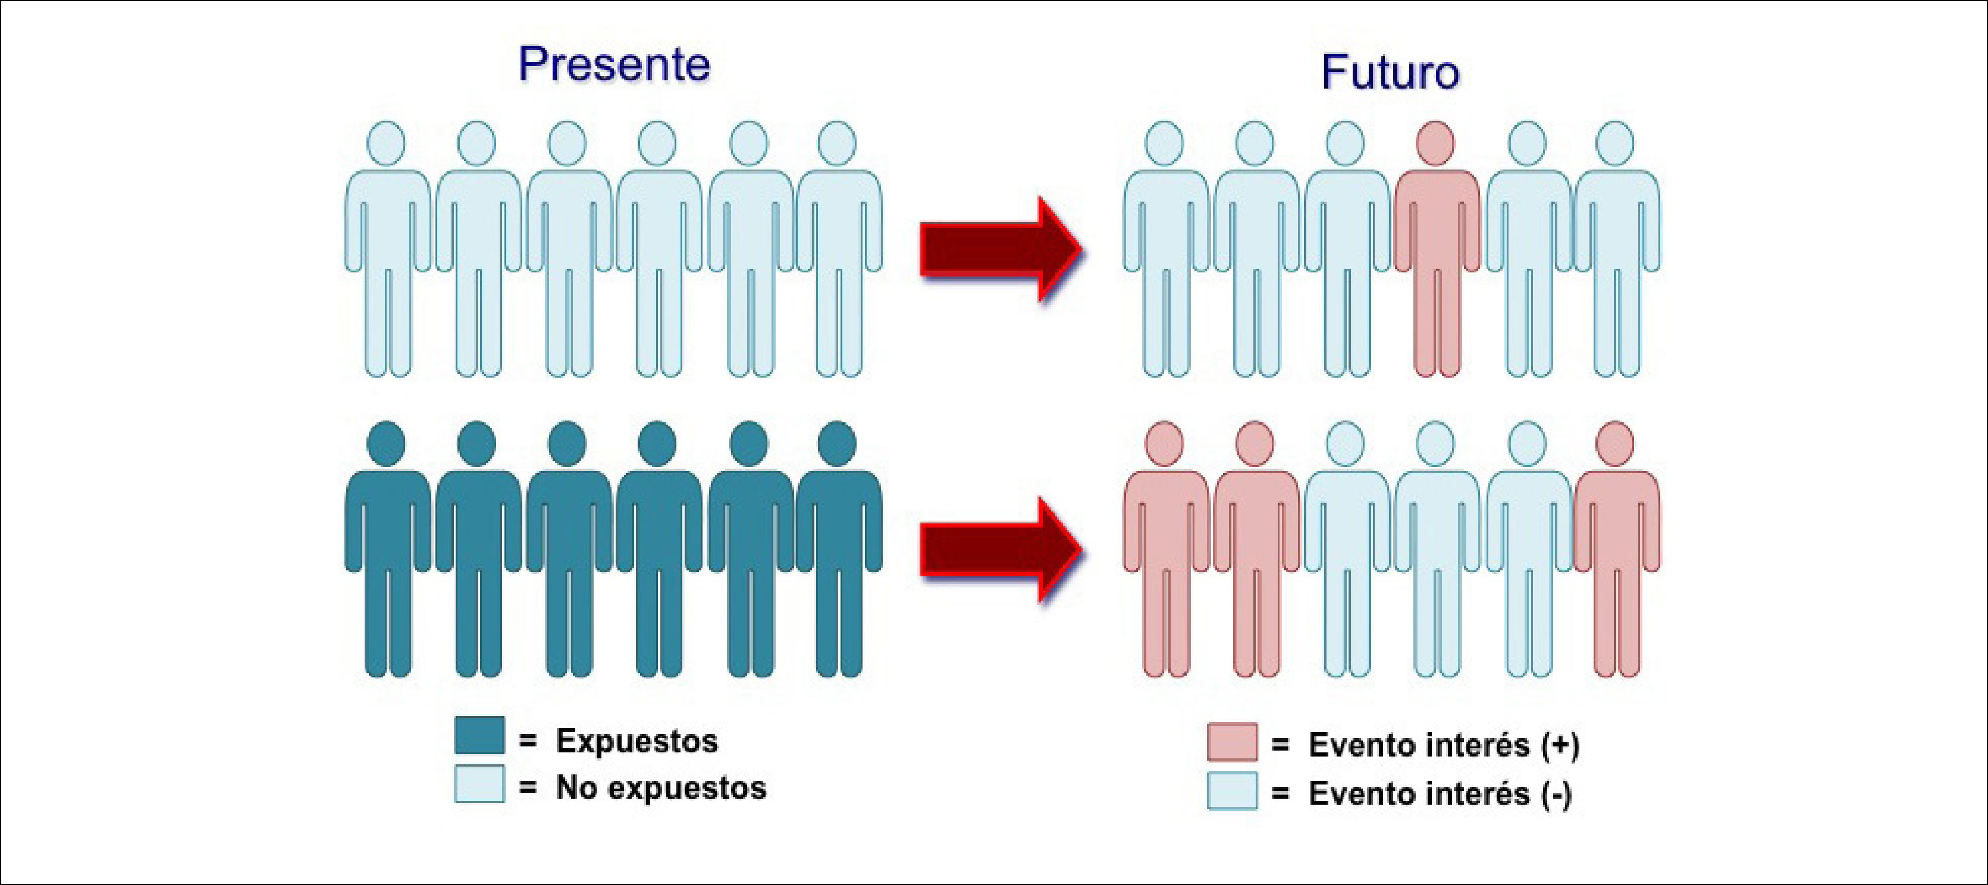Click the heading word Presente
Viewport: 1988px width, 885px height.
pos(613,64)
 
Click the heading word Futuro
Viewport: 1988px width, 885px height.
pos(1390,73)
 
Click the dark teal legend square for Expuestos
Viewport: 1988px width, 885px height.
pos(479,735)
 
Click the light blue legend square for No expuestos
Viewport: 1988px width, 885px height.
pos(479,784)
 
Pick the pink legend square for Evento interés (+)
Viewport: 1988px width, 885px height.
pos(1232,742)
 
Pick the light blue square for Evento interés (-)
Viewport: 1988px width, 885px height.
pos(1232,791)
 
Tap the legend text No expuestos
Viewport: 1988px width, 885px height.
pos(661,788)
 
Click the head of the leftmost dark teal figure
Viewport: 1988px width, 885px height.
pos(387,444)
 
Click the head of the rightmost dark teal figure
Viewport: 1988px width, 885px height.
pos(836,444)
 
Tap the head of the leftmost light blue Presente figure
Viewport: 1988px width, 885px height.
pos(387,143)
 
